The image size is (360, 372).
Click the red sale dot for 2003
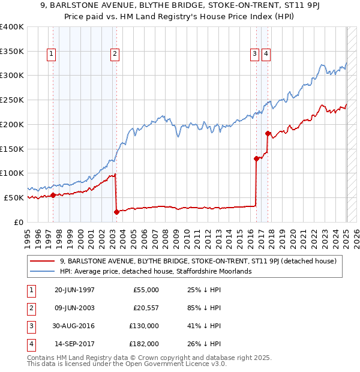pos(116,211)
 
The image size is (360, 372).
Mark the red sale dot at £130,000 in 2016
pos(256,158)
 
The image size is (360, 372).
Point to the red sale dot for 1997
pos(53,195)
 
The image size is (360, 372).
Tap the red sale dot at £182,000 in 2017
pos(268,133)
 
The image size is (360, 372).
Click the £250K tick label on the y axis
pos(12,100)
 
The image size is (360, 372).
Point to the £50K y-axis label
pos(14,197)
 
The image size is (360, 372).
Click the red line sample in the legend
pos(43,261)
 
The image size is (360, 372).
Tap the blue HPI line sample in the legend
pos(43,271)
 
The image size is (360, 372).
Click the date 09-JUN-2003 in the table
pos(74,308)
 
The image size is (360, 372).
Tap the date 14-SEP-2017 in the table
pos(74,344)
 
